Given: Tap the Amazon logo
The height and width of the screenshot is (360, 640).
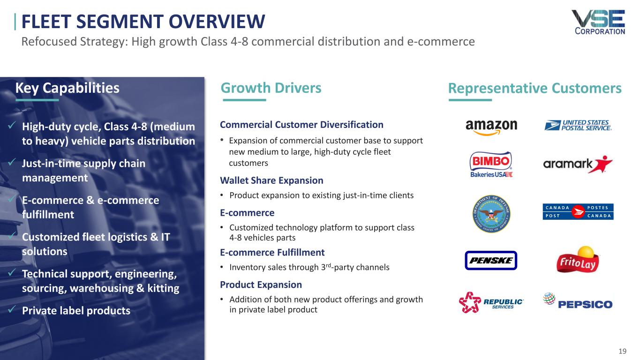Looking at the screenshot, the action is [491, 127].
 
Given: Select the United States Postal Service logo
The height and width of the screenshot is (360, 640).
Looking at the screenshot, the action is [578, 125].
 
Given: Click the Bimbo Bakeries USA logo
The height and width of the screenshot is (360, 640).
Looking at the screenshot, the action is [491, 164].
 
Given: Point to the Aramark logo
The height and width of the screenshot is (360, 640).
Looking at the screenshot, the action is [578, 164].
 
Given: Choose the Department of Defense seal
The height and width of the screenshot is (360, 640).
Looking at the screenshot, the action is [491, 214].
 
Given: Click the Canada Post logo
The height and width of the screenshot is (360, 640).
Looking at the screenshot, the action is [578, 212].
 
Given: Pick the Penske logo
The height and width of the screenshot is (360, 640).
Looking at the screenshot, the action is [491, 260].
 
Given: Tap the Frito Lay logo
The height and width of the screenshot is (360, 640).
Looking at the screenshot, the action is [578, 259].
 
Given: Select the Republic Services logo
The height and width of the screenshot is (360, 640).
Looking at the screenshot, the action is [491, 302].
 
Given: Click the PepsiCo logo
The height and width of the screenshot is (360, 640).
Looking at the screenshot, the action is [578, 301].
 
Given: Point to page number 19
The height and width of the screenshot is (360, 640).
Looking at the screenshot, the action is [622, 351].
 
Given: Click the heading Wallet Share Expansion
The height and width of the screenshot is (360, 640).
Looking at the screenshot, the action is [271, 180].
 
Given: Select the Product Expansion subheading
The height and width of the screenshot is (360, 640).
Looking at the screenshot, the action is [261, 285].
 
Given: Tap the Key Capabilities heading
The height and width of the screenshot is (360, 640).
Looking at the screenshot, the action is [67, 88].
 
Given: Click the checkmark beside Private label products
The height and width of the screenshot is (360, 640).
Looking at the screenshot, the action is [12, 309].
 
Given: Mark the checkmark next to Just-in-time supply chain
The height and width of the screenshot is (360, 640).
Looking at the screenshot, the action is [12, 162].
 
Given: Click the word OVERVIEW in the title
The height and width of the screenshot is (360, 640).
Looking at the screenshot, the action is [217, 22].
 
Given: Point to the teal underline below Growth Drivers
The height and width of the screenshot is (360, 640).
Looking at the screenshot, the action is [244, 100].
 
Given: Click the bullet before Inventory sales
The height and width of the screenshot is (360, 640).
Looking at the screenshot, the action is [222, 267].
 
